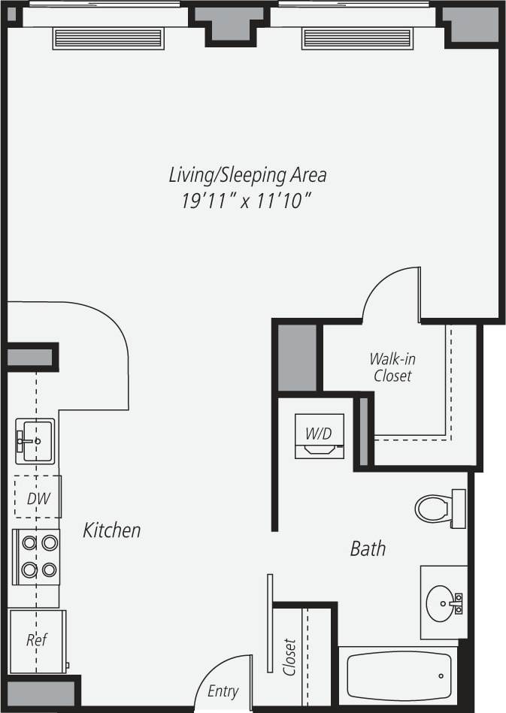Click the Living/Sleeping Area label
pyautogui.click(x=247, y=175)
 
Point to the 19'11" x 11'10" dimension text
pyautogui.click(x=247, y=201)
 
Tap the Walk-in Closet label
pyautogui.click(x=392, y=367)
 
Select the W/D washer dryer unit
pyautogui.click(x=319, y=437)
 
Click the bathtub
pyautogui.click(x=398, y=675)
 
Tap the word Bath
pyautogui.click(x=368, y=548)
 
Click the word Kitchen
pyautogui.click(x=111, y=530)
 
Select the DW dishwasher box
pyautogui.click(x=38, y=497)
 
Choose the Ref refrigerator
pyautogui.click(x=37, y=640)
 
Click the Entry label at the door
pyautogui.click(x=223, y=691)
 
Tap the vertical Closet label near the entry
pyautogui.click(x=290, y=657)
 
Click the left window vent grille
pyautogui.click(x=108, y=38)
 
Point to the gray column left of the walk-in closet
pyautogui.click(x=298, y=358)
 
